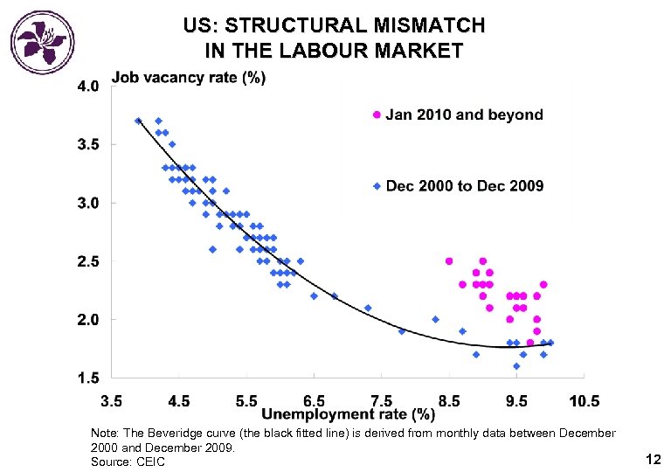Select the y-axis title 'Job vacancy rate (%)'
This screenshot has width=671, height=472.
189,79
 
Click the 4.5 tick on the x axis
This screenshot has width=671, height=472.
178,401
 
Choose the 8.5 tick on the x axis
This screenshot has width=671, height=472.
449,401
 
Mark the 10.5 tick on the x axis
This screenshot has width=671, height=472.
585,401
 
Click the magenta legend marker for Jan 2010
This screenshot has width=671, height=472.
377,115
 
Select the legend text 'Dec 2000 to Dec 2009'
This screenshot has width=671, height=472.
465,185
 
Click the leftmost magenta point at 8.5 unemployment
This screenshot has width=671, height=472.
449,261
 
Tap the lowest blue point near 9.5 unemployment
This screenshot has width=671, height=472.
516,366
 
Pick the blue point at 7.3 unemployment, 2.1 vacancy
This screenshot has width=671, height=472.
368,308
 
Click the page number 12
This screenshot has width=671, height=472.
652,458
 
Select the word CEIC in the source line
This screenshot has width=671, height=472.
150,462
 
